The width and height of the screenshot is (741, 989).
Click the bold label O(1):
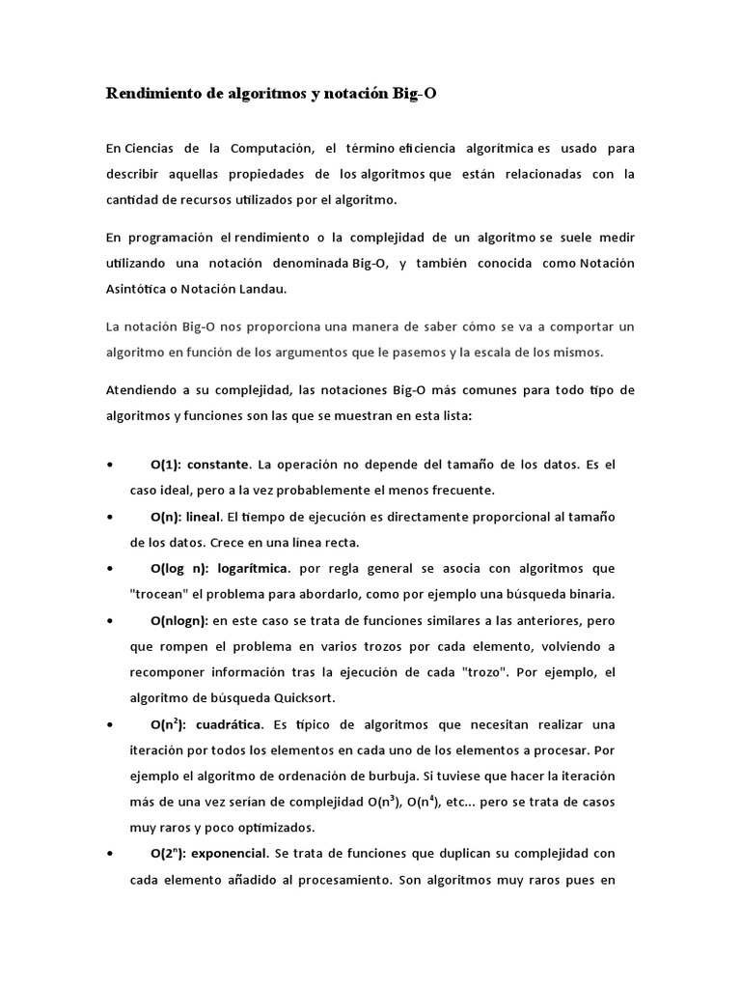click(170, 465)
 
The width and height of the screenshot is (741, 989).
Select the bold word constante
click(222, 465)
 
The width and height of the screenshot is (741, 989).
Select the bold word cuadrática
click(229, 724)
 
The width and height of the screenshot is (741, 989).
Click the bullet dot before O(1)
click(115, 466)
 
